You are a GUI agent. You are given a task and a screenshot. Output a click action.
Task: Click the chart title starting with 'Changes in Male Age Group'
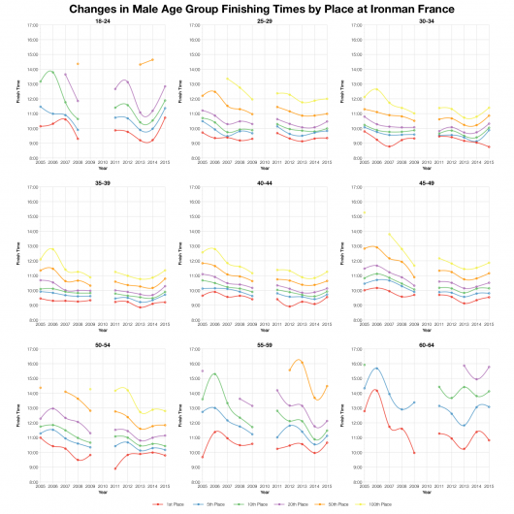click(x=257, y=8)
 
